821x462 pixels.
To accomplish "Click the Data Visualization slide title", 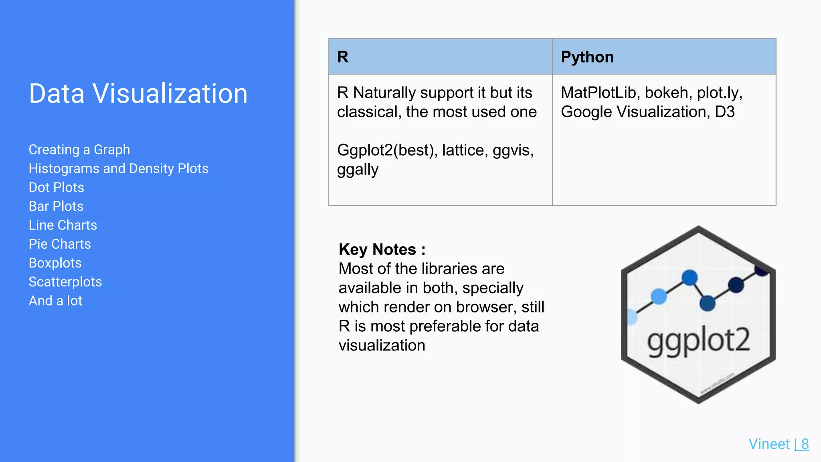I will pyautogui.click(x=138, y=93).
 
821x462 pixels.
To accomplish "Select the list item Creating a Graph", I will pyautogui.click(x=79, y=150).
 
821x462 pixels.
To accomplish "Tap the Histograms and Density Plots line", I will pyautogui.click(x=119, y=168).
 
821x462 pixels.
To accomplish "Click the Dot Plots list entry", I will pyautogui.click(x=57, y=187).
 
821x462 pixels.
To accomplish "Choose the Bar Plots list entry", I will pyautogui.click(x=56, y=206).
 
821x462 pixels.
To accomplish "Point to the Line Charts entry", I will pyautogui.click(x=63, y=225).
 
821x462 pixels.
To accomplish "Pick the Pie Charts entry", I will pyautogui.click(x=60, y=244).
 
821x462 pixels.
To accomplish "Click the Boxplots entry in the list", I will pyautogui.click(x=55, y=263).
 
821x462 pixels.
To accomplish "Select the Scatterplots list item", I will pyautogui.click(x=65, y=282).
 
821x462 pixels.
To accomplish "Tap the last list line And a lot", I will pyautogui.click(x=55, y=301).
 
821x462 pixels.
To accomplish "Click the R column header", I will pyautogui.click(x=343, y=57).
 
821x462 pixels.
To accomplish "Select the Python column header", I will pyautogui.click(x=587, y=57).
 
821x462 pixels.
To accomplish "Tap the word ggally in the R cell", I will pyautogui.click(x=358, y=170).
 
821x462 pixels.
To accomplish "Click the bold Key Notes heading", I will pyautogui.click(x=382, y=249).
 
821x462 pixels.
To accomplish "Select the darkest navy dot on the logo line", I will pyautogui.click(x=736, y=285).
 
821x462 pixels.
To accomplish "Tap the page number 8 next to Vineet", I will pyautogui.click(x=805, y=444).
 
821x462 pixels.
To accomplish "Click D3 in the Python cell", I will pyautogui.click(x=725, y=112).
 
